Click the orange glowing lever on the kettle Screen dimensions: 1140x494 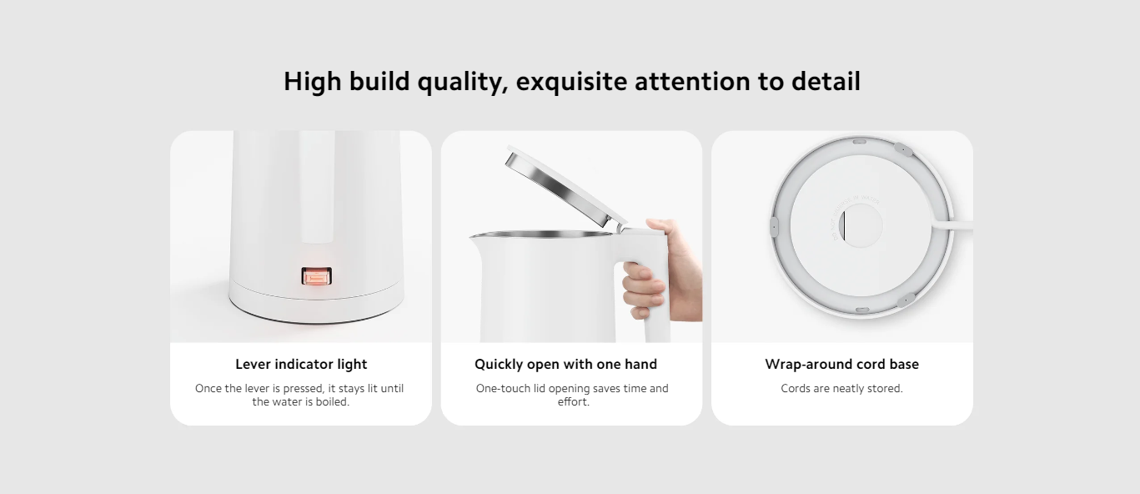point(317,277)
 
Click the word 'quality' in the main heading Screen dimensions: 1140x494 point(463,83)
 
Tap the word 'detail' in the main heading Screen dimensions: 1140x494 point(826,82)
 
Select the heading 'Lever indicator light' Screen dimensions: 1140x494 point(301,364)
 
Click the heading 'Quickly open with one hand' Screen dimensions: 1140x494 point(565,364)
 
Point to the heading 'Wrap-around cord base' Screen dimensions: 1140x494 point(841,364)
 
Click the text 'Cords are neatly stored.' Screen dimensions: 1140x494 point(841,388)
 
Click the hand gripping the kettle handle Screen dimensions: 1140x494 point(660,270)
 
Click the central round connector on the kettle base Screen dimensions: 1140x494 point(860,225)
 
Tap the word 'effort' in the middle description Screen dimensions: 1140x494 point(572,402)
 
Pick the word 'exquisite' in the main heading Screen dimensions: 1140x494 point(571,82)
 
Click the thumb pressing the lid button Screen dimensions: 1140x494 point(659,225)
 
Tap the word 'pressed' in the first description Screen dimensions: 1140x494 point(303,389)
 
